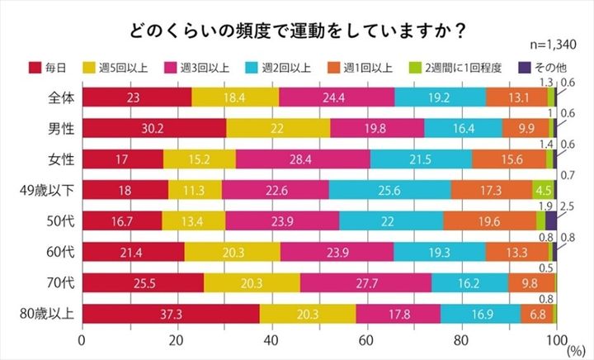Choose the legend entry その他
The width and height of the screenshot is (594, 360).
point(540,66)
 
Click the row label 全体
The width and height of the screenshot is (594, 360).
point(61,97)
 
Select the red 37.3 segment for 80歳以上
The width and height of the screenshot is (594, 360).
point(171,314)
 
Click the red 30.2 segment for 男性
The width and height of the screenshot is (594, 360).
point(154,128)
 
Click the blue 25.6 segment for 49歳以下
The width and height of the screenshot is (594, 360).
point(389,190)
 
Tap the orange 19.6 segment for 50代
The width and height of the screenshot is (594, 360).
point(489,221)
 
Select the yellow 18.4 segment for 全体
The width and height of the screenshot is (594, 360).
point(235,97)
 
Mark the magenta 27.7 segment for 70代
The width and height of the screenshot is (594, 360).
point(365,283)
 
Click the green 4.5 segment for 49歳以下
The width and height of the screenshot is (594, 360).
point(544,190)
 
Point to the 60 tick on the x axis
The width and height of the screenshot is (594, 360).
point(367,339)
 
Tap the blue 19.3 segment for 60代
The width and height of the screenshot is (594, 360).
point(439,252)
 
